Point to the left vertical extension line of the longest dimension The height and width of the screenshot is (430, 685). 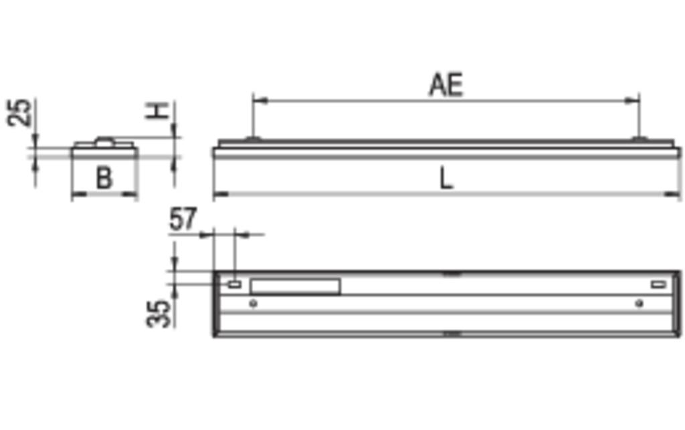pos(252,117)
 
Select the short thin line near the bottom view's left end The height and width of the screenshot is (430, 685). pos(294,286)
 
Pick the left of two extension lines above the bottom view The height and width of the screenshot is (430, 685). pos(212,251)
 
